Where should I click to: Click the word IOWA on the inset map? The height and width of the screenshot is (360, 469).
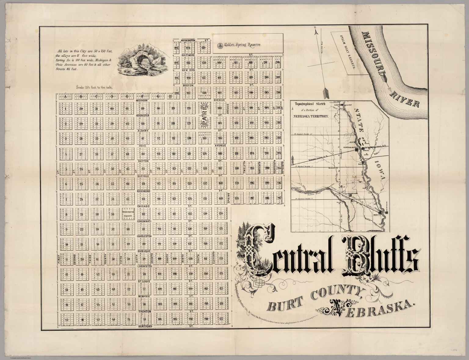click(380, 171)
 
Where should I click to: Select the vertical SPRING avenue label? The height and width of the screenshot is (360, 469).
click(228, 198)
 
